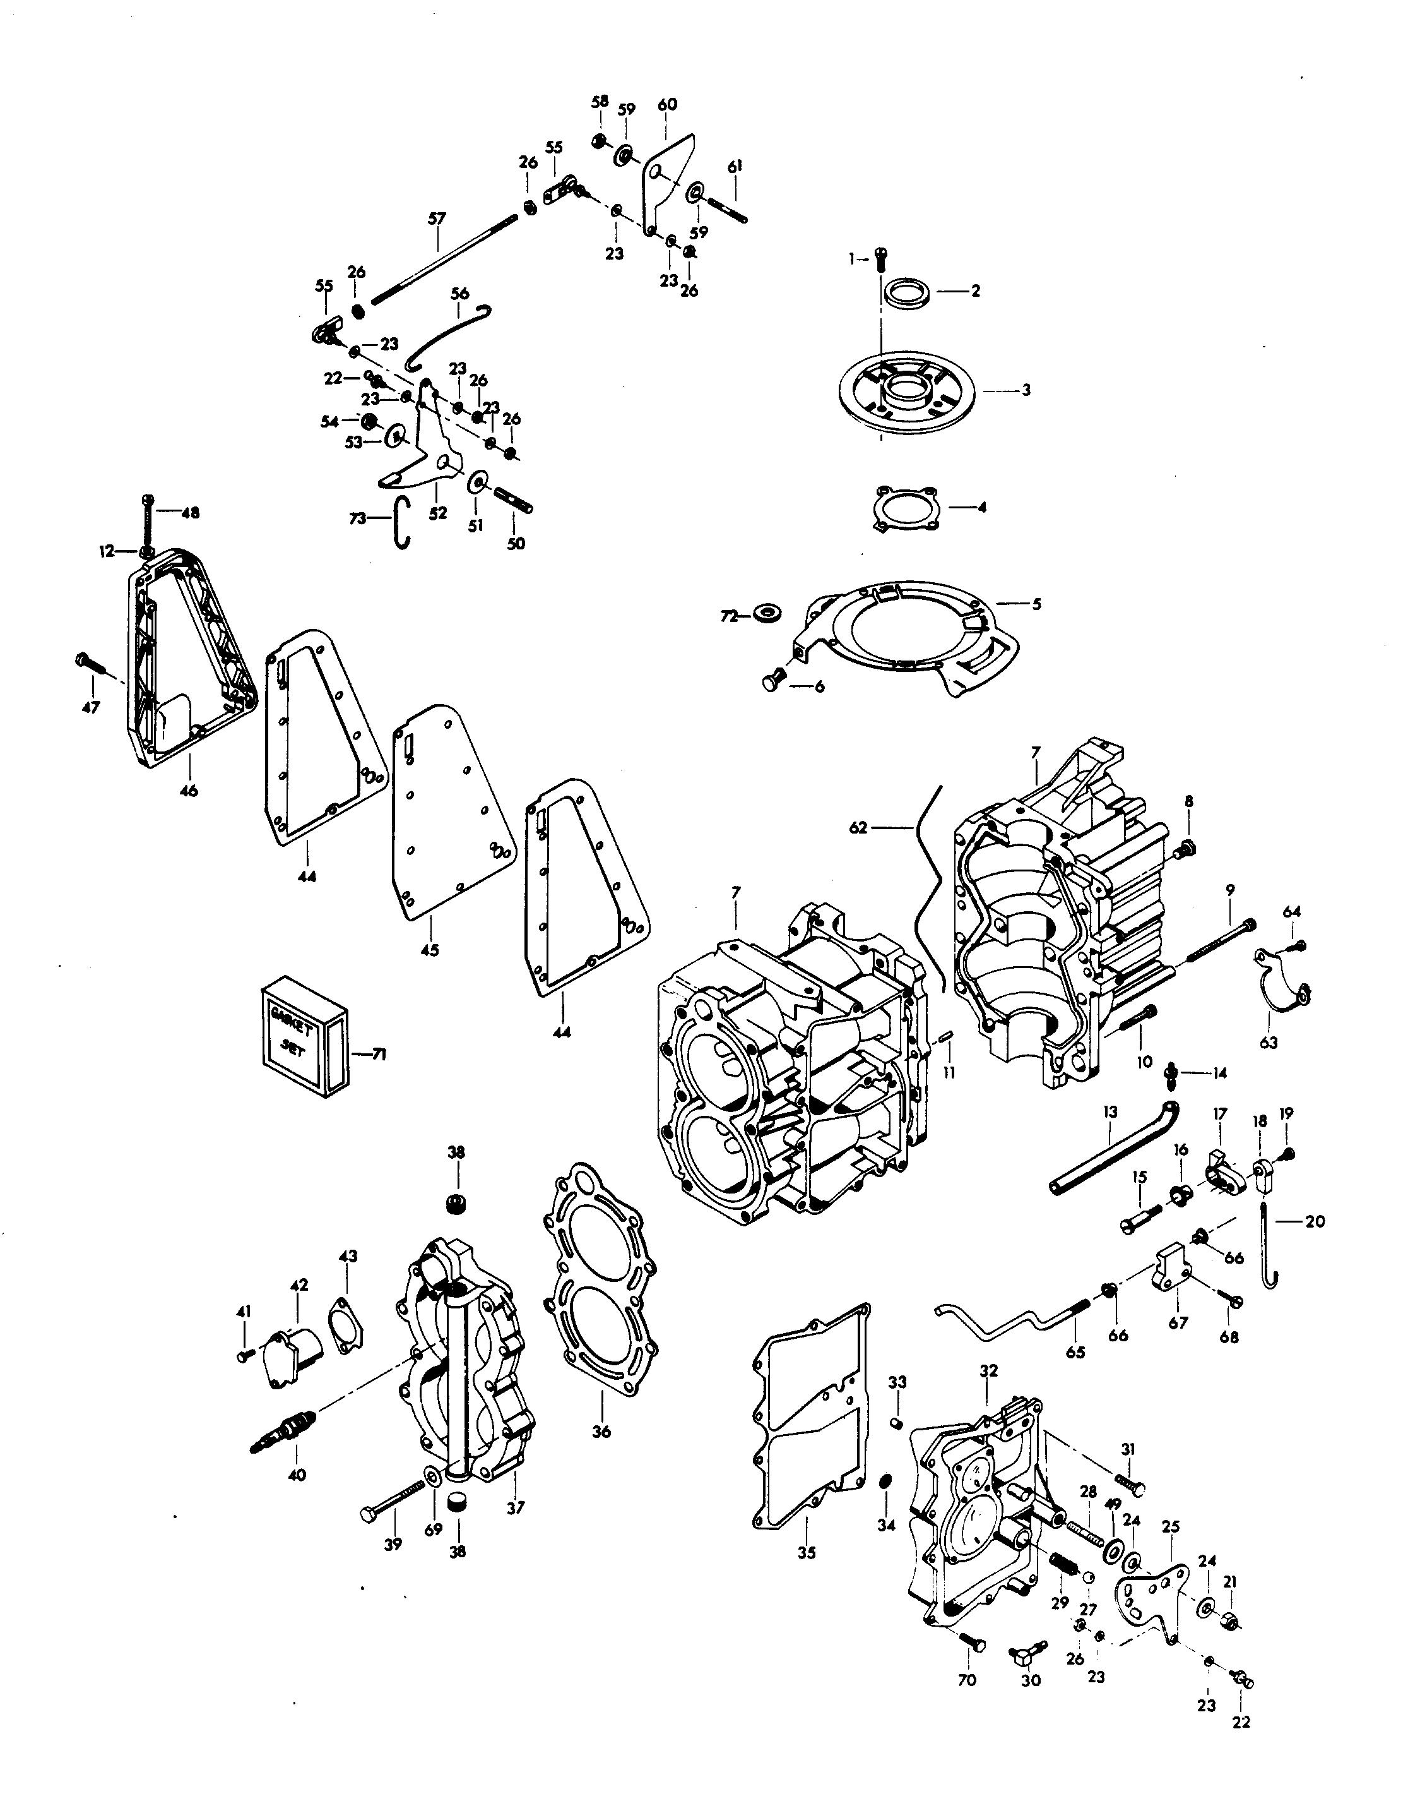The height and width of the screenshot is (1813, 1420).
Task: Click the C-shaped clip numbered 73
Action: tap(401, 522)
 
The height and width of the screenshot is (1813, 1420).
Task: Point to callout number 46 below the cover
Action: tap(189, 791)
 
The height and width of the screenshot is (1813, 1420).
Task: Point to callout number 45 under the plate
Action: tap(429, 950)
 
